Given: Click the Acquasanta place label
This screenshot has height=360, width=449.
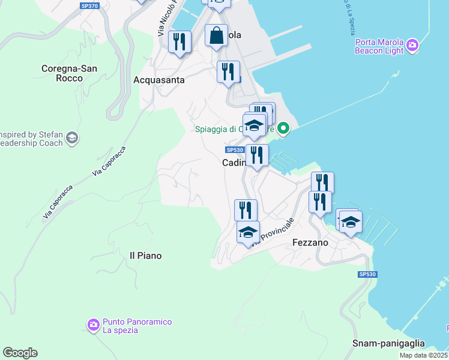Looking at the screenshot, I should pos(159,80).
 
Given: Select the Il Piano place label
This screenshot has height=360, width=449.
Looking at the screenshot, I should pos(146,256).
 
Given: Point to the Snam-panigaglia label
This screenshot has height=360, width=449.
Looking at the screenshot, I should pos(388,344).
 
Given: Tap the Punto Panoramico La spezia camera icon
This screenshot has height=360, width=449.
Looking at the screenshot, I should pos(93,325).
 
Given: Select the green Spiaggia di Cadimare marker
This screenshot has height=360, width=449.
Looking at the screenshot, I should pos(285,128).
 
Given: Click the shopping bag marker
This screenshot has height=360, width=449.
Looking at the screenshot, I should pos(216,35).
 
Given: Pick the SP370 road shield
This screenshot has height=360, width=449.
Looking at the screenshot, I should pos(90,5).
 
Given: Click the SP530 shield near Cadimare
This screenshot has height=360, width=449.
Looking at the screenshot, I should pos(235,150).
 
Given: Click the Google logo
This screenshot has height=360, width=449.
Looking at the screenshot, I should pos(20,352).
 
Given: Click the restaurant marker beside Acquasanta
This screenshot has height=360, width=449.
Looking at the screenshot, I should pos(179,41).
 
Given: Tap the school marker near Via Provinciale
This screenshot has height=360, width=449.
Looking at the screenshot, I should pos(247,232).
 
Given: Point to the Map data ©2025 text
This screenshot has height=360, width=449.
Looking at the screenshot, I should pos(424,355).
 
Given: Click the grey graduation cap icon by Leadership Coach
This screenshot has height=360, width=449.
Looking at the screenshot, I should pos(72,139).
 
